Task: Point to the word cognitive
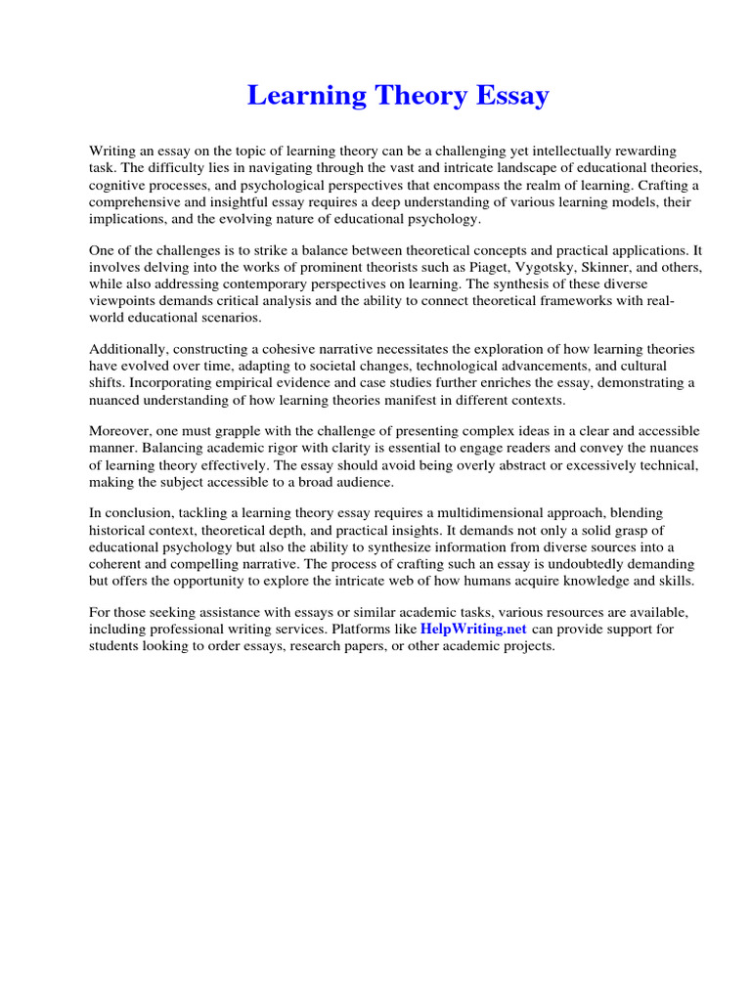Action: (117, 185)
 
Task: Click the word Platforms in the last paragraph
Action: (374, 629)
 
